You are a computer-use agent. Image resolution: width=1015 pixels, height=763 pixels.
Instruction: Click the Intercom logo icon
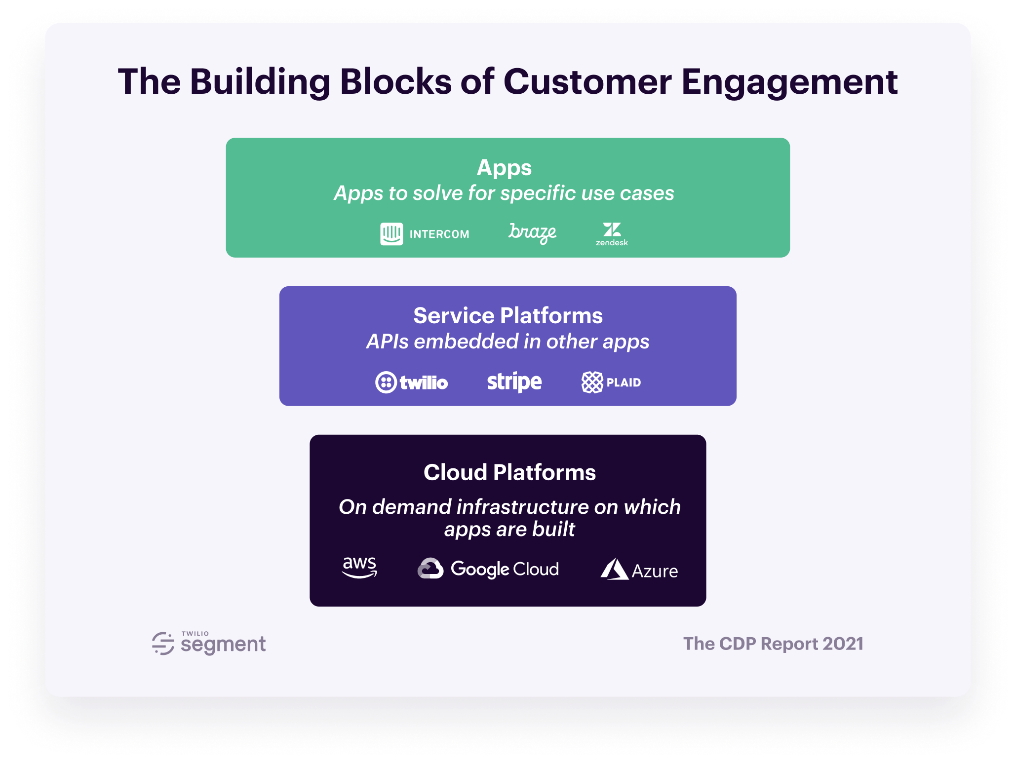tap(391, 234)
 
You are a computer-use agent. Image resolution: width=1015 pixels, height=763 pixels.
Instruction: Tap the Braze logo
tap(533, 233)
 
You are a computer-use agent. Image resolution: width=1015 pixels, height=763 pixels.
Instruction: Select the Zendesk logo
tap(612, 234)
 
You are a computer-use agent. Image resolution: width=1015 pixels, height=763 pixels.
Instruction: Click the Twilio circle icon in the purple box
tap(386, 382)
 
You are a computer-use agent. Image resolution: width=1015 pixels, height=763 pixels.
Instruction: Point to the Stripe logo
tap(514, 382)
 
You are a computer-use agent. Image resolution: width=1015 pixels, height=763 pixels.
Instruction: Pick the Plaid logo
tap(611, 382)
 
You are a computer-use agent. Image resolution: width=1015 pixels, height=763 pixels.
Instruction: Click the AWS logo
tap(360, 568)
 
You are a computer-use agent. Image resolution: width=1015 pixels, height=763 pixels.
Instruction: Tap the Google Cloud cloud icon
tap(430, 569)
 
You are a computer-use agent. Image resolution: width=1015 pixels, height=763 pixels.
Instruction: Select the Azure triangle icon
tap(614, 569)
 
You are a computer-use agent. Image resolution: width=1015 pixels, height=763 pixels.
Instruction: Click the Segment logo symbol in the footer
tap(163, 644)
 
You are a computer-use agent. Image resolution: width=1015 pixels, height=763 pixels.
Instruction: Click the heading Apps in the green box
tap(504, 168)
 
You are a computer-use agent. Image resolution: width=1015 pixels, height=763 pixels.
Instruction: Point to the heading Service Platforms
tap(508, 316)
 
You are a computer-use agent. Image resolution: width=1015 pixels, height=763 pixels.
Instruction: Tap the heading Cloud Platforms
tap(510, 472)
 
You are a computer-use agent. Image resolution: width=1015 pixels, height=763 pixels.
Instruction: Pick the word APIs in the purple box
tap(388, 342)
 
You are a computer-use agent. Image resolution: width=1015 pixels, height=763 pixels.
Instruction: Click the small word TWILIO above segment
tap(195, 634)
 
